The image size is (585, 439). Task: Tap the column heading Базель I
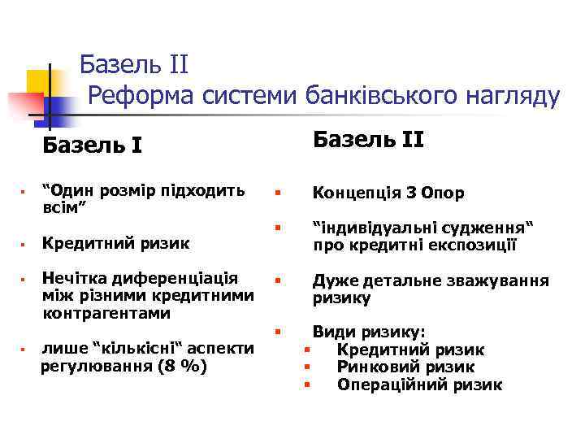coord(93,146)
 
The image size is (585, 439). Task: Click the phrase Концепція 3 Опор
coord(388,193)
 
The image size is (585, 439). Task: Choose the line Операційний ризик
coord(419,385)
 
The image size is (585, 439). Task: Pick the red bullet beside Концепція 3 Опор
coord(277,193)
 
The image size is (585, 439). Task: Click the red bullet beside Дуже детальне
coord(277,281)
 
